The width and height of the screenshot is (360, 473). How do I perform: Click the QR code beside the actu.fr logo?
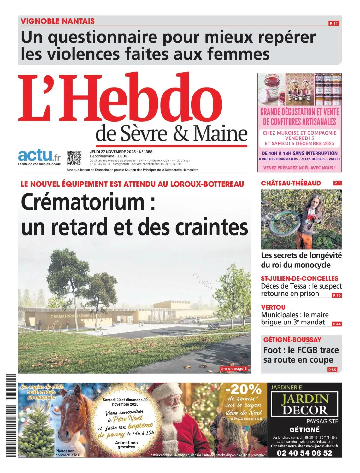coord(74,158)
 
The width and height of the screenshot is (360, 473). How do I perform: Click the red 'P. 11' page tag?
coord(333,23)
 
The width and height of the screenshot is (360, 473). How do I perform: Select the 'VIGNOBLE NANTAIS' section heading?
coord(58,21)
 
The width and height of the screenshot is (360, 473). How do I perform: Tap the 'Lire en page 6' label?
coord(233,368)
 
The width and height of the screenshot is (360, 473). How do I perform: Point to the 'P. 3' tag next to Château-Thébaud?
coord(337,183)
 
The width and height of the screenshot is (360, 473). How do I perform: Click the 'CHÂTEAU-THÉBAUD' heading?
coord(291,183)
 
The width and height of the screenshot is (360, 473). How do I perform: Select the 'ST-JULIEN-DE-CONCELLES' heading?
coord(299,278)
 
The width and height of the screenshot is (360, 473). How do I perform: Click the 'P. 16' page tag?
coord(337,295)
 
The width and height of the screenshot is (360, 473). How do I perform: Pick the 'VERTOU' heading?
coord(273,307)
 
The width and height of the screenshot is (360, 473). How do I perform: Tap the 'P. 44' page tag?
coord(337,324)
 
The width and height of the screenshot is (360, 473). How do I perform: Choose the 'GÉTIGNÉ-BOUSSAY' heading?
coord(292,340)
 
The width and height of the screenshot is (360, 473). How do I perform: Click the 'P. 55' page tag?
coord(332,370)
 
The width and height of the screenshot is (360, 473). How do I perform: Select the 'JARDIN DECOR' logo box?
coord(304,404)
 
